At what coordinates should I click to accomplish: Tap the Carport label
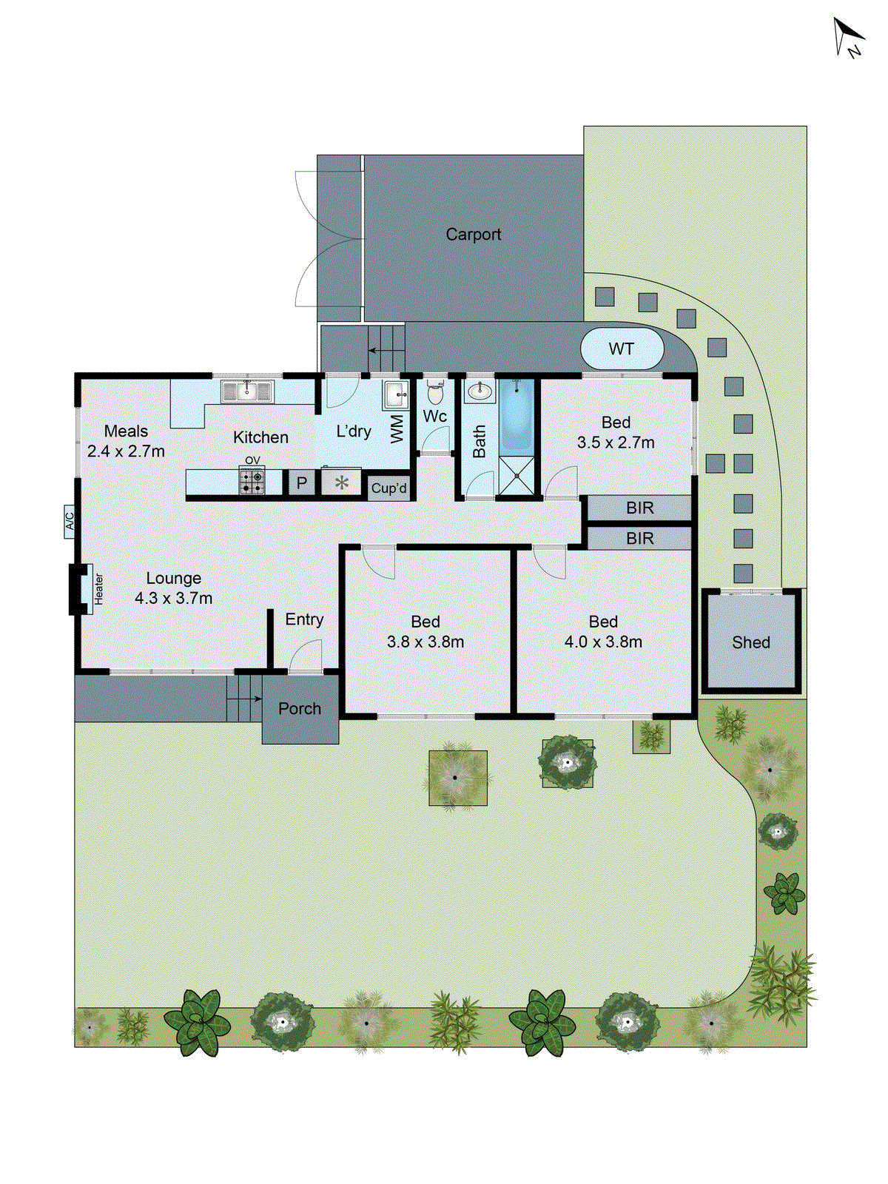click(474, 235)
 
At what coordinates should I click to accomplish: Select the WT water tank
click(622, 349)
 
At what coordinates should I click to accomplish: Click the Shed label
click(751, 642)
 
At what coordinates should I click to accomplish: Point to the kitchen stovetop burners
click(252, 482)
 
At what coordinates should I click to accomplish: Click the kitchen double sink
click(247, 391)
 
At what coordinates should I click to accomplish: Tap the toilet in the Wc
click(435, 392)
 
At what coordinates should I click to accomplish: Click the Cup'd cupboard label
click(389, 488)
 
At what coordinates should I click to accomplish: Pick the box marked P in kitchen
click(301, 483)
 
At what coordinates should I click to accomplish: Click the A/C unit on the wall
click(70, 522)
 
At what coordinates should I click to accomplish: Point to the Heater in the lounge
click(96, 589)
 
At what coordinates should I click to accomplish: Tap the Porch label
click(300, 709)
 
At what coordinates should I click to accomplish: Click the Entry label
click(304, 619)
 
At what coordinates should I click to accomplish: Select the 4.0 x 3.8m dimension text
click(603, 642)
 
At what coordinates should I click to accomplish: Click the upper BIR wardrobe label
click(639, 508)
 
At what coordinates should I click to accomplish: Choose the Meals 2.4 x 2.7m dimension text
click(126, 451)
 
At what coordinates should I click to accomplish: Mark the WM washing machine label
click(397, 428)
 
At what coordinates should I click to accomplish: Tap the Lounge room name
click(173, 578)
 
